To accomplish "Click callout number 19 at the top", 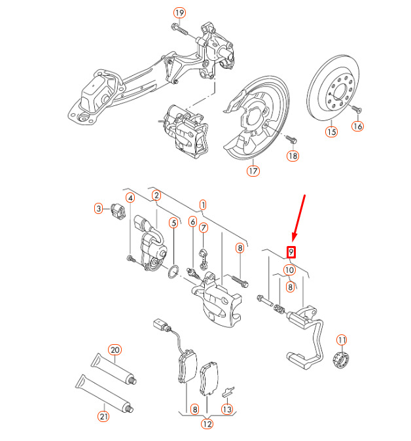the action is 179,13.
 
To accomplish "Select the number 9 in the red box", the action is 291,251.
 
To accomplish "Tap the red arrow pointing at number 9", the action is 298,218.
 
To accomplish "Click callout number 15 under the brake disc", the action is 331,132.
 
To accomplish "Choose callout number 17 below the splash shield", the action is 253,171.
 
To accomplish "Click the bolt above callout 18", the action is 291,139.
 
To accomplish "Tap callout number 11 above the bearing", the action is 342,340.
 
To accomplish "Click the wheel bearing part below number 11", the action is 341,359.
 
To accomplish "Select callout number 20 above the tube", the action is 115,350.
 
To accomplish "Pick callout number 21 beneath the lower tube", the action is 104,416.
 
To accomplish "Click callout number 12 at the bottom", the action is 207,424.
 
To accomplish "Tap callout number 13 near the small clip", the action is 226,409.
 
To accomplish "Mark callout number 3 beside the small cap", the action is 98,209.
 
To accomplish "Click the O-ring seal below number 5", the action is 173,272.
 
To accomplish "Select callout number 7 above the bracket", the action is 204,228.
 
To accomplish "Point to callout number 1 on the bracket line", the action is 203,205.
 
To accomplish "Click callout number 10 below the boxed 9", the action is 289,270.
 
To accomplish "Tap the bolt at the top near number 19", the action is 179,29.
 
